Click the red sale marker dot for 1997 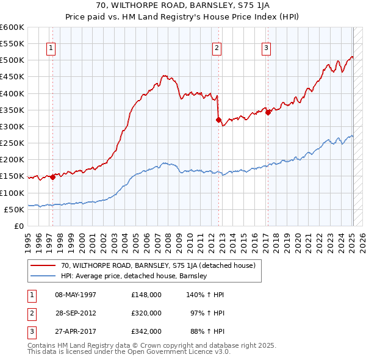coord(52,177)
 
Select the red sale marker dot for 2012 coord(218,120)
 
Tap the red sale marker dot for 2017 coord(268,113)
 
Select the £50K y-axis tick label coord(14,209)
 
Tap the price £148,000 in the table coord(146,294)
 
